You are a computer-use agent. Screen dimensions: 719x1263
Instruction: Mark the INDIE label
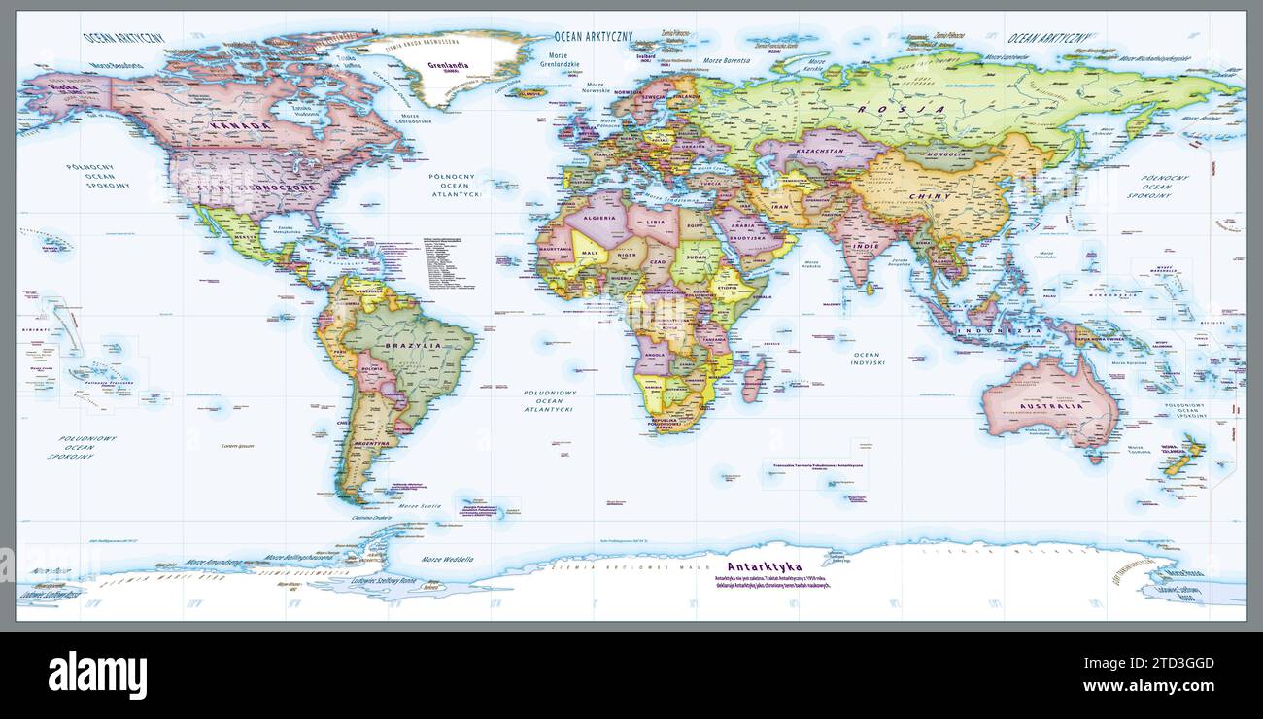click(x=866, y=246)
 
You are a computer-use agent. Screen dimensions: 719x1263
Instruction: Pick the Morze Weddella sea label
click(x=448, y=560)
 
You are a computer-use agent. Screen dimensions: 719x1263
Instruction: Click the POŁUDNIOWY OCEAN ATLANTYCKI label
click(x=549, y=401)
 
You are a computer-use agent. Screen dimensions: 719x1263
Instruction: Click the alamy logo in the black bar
click(x=97, y=675)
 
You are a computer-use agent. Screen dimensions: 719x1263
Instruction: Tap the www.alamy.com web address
click(x=1150, y=687)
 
